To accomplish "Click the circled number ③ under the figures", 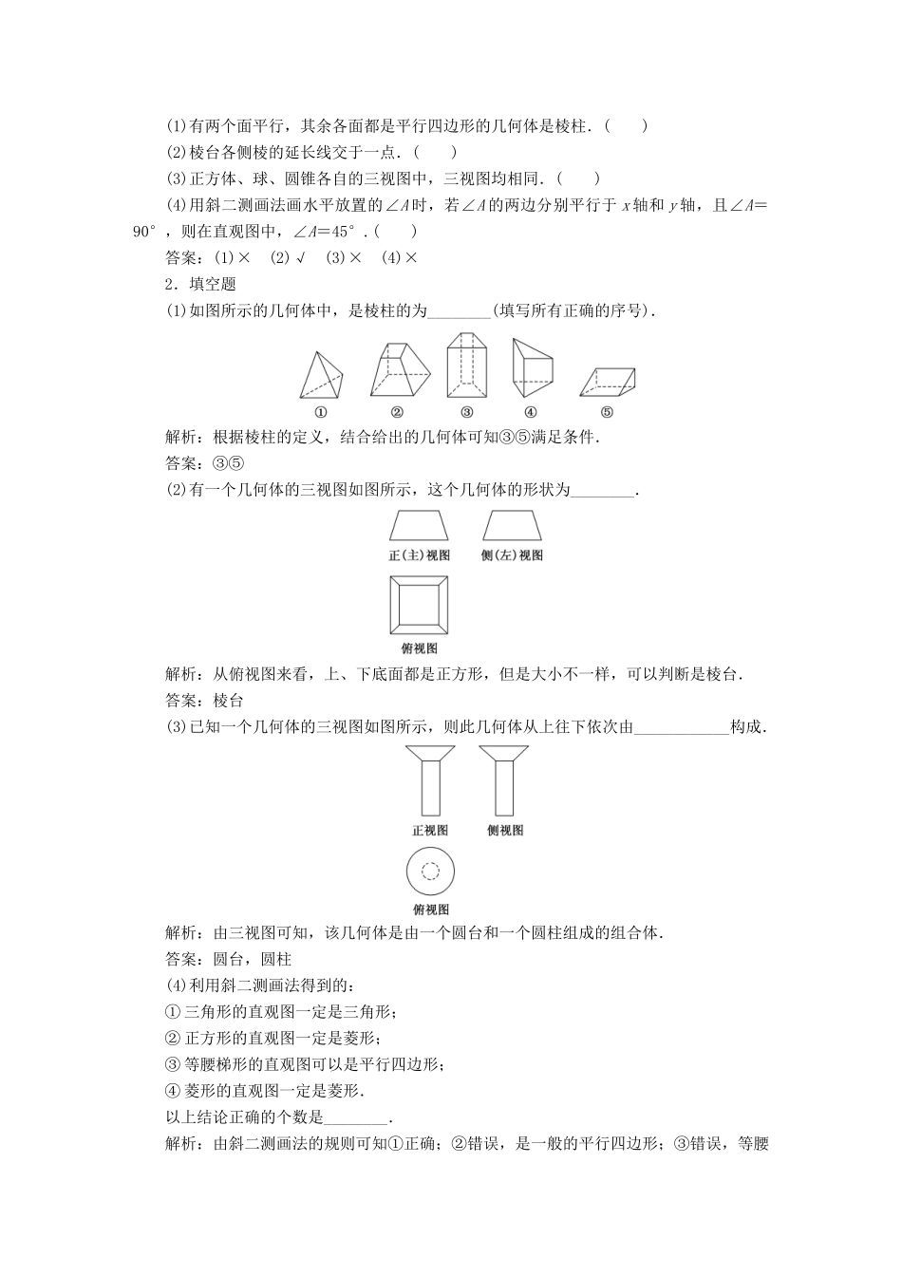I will [467, 412].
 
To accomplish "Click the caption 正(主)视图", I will [419, 555].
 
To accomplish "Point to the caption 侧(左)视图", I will [513, 555].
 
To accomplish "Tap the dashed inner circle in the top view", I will [430, 871].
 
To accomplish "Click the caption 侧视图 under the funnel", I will [504, 831].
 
